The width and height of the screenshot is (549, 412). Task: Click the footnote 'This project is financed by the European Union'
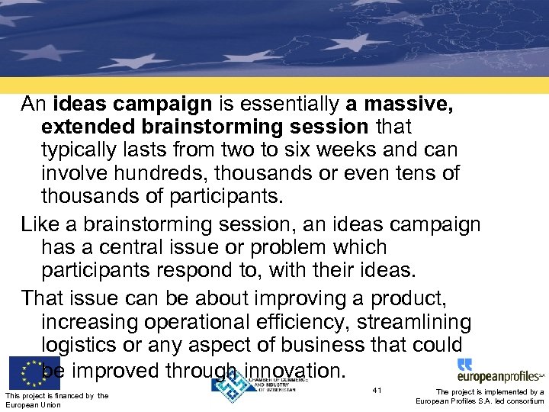point(56,400)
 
